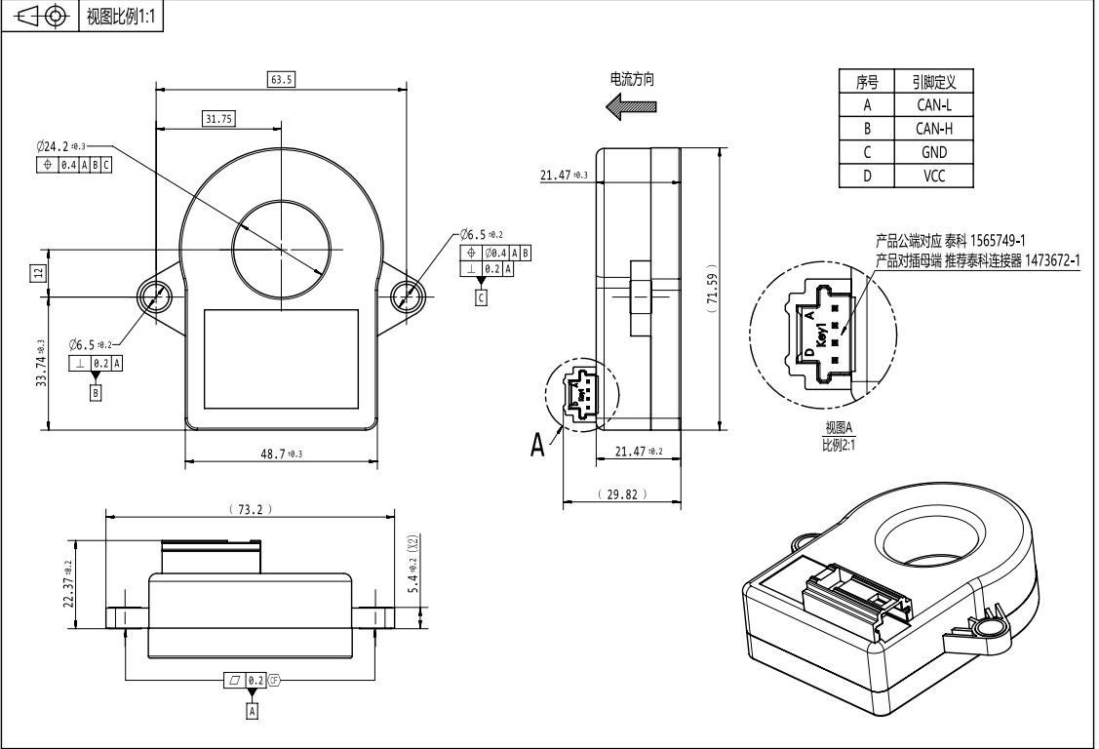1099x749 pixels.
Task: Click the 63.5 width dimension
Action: (x=280, y=79)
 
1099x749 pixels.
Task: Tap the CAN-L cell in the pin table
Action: (x=932, y=105)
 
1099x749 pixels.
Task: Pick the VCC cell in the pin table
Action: (x=932, y=177)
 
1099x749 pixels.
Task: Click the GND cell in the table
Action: (x=932, y=153)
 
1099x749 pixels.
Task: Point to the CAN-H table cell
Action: (x=932, y=129)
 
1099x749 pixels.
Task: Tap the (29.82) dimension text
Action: (x=620, y=495)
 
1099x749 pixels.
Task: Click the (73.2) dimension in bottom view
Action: (x=250, y=509)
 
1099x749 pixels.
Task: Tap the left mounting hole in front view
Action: (x=154, y=296)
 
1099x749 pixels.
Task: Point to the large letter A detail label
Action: (x=538, y=445)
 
